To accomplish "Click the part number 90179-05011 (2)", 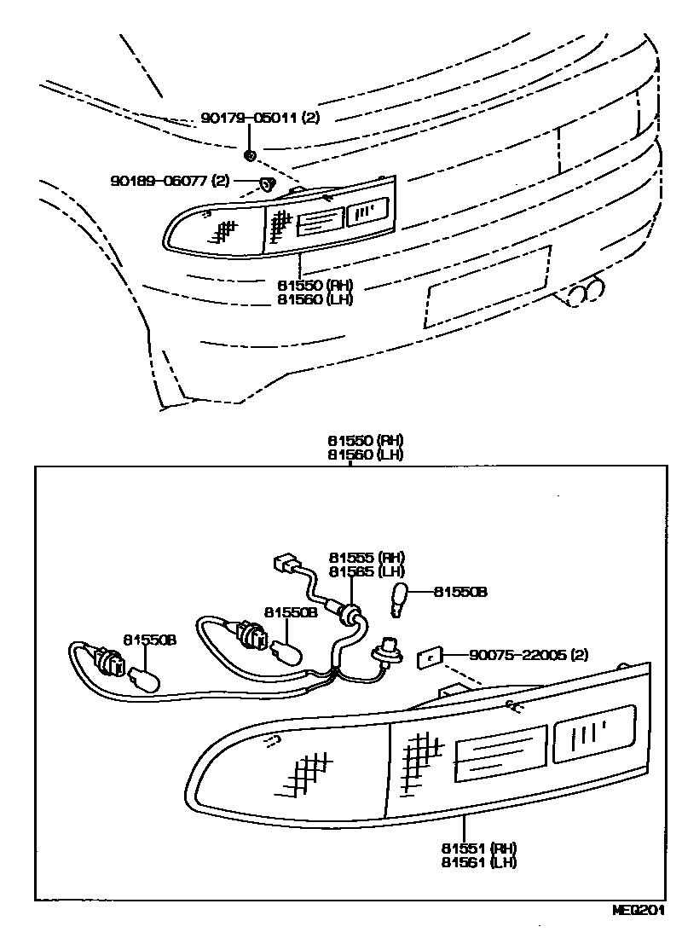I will [261, 119].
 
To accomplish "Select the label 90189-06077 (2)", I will [170, 181].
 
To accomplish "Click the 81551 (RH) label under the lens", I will [479, 849].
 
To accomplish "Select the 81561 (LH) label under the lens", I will [479, 862].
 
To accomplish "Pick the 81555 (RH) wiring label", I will [367, 558].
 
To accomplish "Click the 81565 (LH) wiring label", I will [367, 571].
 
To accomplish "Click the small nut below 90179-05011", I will [250, 154].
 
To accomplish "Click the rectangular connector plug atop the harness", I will [283, 564].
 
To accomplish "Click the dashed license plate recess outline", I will [488, 285].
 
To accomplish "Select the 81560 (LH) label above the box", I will [366, 455].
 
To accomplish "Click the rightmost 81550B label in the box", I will [460, 591].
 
